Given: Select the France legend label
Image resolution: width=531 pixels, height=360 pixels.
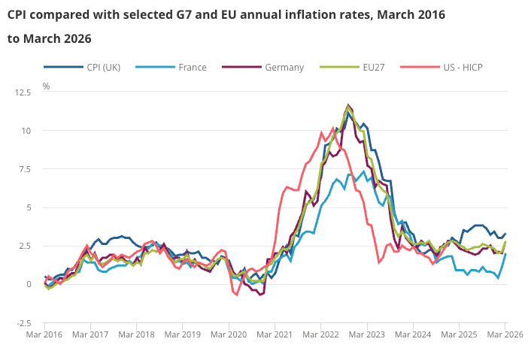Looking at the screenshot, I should point(171,68).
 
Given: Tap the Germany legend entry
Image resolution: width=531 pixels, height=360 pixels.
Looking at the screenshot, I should point(263,68).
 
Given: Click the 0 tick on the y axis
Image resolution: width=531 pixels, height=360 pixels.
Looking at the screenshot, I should point(29,284).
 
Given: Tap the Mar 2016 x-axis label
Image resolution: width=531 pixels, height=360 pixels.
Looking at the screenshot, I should point(44,335).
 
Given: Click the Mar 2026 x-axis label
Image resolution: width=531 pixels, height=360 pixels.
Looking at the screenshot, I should point(505,335).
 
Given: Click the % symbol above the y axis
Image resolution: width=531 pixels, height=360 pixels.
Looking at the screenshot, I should point(46,86).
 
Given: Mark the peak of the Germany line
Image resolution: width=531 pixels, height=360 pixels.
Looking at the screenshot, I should point(348,105).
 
